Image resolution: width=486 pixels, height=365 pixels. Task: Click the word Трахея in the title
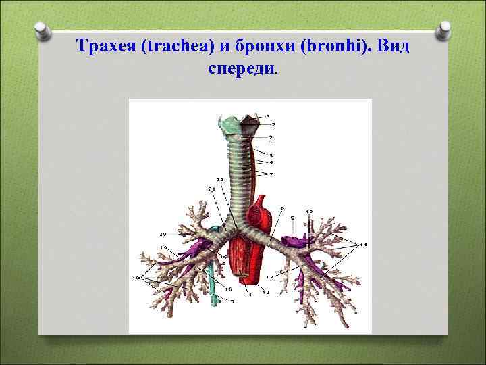pyautogui.click(x=103, y=47)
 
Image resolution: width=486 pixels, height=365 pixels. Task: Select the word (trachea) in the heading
pyautogui.click(x=171, y=47)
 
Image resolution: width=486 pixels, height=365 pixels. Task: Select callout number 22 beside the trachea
pyautogui.click(x=219, y=180)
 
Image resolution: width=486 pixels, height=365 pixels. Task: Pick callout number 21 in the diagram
pyautogui.click(x=211, y=189)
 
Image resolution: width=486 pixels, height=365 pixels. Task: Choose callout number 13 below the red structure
pyautogui.click(x=265, y=292)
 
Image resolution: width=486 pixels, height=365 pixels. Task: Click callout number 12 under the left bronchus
pyautogui.click(x=269, y=277)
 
